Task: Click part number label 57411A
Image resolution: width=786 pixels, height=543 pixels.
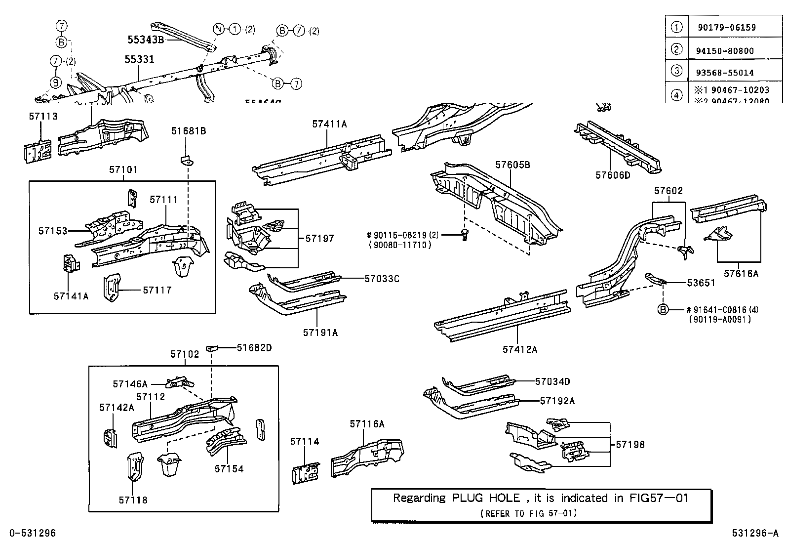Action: (329, 125)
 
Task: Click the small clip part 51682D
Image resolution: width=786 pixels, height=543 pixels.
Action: (212, 348)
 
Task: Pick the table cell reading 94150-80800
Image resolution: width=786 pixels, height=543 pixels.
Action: (725, 50)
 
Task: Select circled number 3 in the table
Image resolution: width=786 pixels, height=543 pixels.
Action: (677, 71)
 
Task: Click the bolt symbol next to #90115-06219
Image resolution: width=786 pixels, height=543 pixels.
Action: (464, 236)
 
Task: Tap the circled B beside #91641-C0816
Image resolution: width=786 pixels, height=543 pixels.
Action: (663, 310)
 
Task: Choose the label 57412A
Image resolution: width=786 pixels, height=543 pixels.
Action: (519, 349)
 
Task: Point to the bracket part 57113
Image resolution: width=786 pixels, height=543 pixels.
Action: (38, 149)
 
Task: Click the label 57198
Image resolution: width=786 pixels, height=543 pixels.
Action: (630, 445)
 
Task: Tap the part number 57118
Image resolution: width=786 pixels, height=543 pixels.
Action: (133, 500)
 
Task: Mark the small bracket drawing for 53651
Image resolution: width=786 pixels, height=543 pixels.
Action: (656, 279)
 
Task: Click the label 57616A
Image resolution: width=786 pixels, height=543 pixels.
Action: (741, 273)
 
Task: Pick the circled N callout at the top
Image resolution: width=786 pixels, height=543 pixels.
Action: (218, 29)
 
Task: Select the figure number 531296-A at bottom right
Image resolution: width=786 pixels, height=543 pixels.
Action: (754, 533)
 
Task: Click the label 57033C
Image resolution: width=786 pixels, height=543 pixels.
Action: (381, 279)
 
